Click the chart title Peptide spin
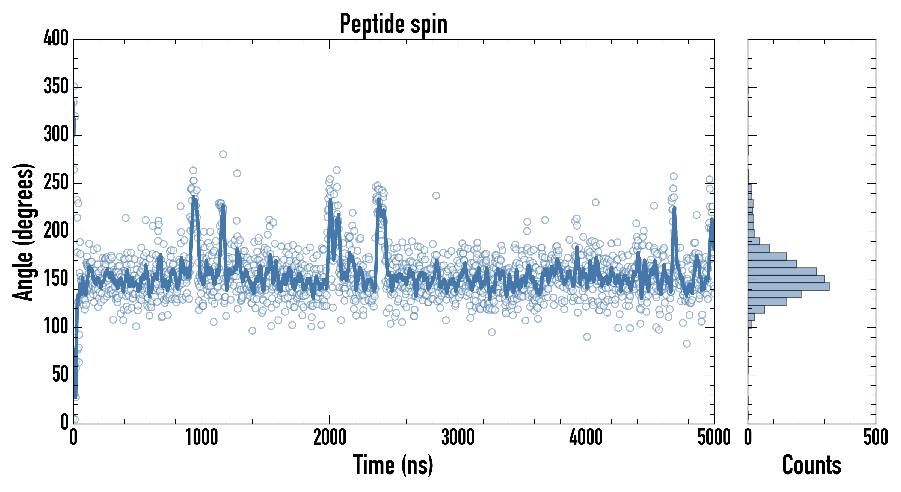[393, 24]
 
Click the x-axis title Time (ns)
[393, 465]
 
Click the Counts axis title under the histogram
[811, 465]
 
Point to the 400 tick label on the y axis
[56, 38]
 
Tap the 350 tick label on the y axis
[56, 86]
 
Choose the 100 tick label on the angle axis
[56, 327]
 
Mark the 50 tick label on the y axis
[60, 375]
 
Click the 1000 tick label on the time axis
[201, 438]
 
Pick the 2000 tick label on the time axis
[330, 438]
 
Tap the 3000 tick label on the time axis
[458, 438]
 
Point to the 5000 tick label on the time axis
[713, 438]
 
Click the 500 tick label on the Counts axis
[875, 438]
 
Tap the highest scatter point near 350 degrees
[74, 86]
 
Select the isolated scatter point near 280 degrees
[223, 154]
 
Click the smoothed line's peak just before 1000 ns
[194, 198]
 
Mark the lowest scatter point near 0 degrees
[75, 419]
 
